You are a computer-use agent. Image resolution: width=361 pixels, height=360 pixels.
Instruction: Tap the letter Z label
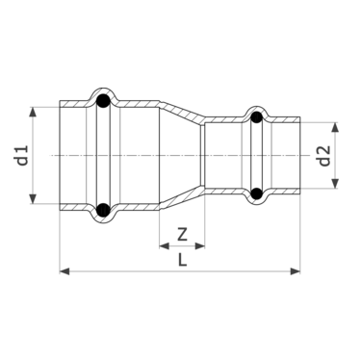(x=180, y=233)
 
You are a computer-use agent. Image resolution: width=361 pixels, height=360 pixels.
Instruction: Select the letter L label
(x=180, y=259)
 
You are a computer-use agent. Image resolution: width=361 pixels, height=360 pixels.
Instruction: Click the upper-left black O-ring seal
(x=103, y=99)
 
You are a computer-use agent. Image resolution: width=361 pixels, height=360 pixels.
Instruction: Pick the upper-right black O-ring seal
(x=256, y=119)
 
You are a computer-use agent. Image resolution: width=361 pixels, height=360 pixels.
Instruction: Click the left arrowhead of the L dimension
(x=64, y=271)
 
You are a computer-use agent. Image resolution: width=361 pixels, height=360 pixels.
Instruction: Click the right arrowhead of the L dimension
(x=297, y=271)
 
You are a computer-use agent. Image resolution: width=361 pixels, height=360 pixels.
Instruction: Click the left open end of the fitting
(x=62, y=155)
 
